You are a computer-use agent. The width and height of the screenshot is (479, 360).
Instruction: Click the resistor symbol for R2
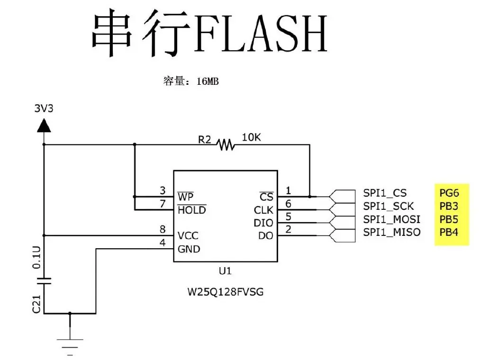point(226,144)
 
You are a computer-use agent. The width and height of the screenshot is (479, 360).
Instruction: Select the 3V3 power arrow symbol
point(44,126)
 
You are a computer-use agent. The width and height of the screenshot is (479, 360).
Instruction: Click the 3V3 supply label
point(44,108)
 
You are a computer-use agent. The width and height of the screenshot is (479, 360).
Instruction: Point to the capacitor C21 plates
point(44,280)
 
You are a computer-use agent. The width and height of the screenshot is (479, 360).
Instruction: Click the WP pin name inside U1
point(185,196)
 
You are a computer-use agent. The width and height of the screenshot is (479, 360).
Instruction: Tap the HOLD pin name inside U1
point(191,209)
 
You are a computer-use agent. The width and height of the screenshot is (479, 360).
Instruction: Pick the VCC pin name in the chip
point(188,235)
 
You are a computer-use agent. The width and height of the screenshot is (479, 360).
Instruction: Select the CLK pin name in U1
point(263,209)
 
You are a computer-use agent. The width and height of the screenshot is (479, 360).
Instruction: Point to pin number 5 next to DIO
point(288,217)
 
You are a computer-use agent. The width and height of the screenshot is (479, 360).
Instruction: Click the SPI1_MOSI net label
point(391,219)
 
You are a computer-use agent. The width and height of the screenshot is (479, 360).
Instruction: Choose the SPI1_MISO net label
point(391,232)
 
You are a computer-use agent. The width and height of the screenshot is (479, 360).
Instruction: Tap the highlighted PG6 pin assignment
point(449,193)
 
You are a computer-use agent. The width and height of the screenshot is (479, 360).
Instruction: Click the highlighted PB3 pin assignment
point(449,206)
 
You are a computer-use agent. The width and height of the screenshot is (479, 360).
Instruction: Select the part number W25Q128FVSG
point(226,292)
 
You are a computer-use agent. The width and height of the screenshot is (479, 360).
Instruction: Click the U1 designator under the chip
point(225,271)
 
